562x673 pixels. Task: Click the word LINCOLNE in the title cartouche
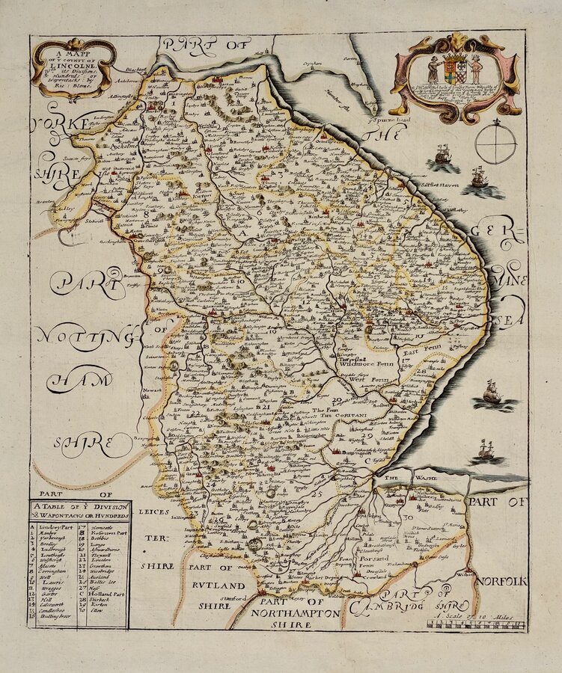coord(73,66)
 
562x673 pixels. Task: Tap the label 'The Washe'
coord(394,476)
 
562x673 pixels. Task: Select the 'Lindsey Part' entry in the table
coord(55,527)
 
